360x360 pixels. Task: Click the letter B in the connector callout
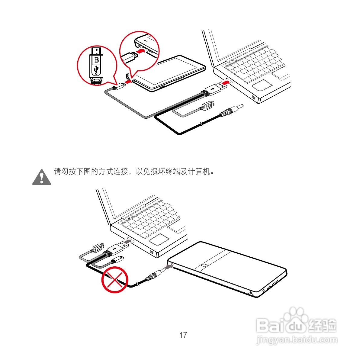pyautogui.click(x=97, y=60)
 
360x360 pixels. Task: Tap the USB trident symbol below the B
pyautogui.click(x=96, y=70)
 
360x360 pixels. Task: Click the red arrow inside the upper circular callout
pyautogui.click(x=141, y=50)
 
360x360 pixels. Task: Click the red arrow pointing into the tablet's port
pyautogui.click(x=129, y=82)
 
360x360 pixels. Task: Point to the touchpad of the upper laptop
pyautogui.click(x=262, y=85)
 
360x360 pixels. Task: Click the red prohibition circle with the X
pyautogui.click(x=115, y=280)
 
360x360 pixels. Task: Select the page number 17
pyautogui.click(x=183, y=335)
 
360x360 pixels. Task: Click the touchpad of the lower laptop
pyautogui.click(x=159, y=239)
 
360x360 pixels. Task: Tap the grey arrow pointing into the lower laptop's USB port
pyautogui.click(x=127, y=242)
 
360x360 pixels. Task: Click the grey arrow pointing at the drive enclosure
pyautogui.click(x=168, y=267)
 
